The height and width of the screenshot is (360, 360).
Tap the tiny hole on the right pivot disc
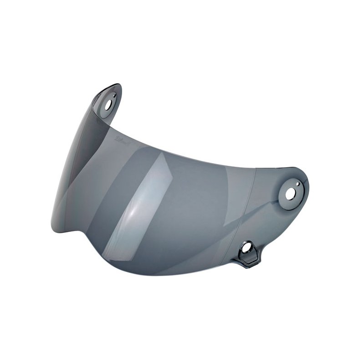(x=297, y=184)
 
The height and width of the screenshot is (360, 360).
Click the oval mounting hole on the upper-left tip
(x=108, y=103)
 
